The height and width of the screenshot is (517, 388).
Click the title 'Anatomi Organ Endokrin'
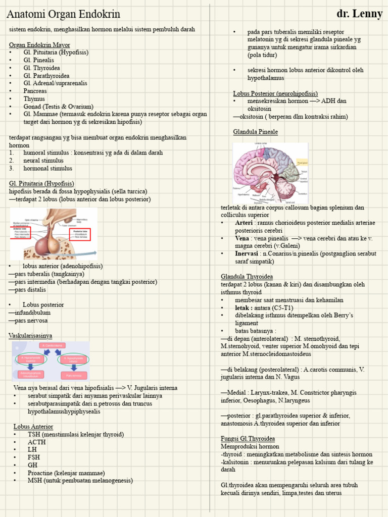[63, 14]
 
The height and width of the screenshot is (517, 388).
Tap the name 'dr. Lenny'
[359, 14]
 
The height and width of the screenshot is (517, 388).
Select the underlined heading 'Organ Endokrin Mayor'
[39, 45]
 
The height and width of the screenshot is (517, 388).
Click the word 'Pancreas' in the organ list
[35, 91]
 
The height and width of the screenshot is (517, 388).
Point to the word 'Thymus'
[34, 99]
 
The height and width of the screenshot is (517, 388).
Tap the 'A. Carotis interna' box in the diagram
[51, 346]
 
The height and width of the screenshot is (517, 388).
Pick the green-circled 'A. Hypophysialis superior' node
[30, 359]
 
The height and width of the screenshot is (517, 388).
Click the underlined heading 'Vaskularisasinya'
[30, 336]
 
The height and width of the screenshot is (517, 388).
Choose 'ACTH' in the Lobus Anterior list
[37, 442]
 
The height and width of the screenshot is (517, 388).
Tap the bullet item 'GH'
[33, 465]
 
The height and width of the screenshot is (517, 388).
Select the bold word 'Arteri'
[245, 223]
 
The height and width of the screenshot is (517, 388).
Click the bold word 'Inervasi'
[248, 253]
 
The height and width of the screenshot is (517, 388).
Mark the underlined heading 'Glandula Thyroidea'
[247, 277]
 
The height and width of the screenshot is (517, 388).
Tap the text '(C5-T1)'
[281, 307]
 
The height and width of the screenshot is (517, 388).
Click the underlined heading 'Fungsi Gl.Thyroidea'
[248, 438]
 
